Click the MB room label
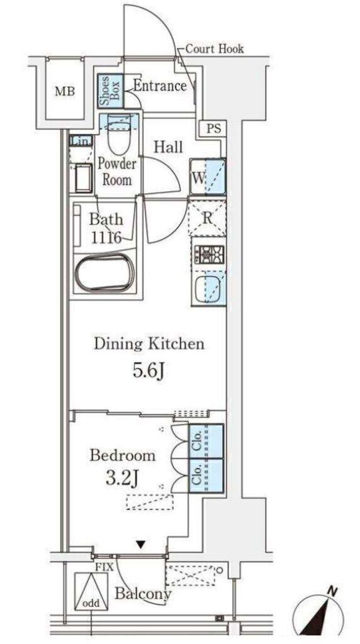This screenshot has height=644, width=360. coord(65,92)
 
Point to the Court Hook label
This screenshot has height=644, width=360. coord(215,49)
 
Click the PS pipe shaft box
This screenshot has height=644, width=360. coord(213,129)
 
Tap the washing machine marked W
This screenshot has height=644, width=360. coord(208,177)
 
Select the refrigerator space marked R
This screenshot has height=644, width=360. coord(207,218)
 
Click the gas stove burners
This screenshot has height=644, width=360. coord(209,255)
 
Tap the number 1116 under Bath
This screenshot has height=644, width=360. coord(106,237)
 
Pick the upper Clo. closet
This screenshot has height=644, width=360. coord(206,441)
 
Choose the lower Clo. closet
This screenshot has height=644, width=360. coord(206,475)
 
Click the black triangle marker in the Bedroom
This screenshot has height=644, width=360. coord(141,545)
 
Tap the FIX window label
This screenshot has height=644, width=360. coord(104,568)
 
